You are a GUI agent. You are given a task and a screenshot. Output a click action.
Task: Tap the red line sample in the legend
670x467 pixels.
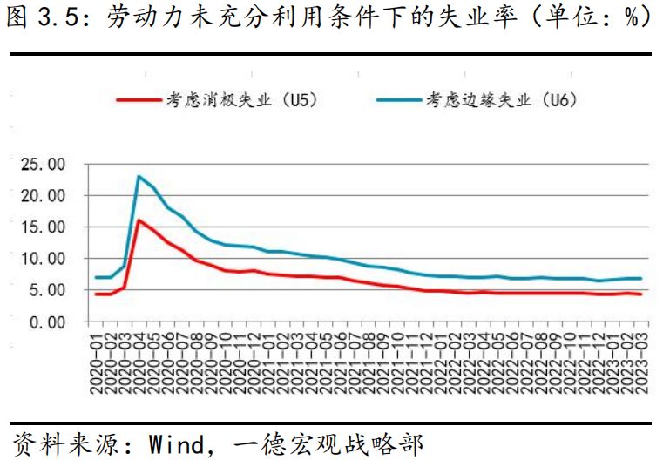pos(139,100)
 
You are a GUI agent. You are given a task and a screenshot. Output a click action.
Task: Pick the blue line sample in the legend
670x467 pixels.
pos(398,100)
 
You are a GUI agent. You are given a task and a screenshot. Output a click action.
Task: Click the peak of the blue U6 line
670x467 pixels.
pos(139,176)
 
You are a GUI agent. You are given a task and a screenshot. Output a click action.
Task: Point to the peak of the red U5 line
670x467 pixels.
pos(139,220)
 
